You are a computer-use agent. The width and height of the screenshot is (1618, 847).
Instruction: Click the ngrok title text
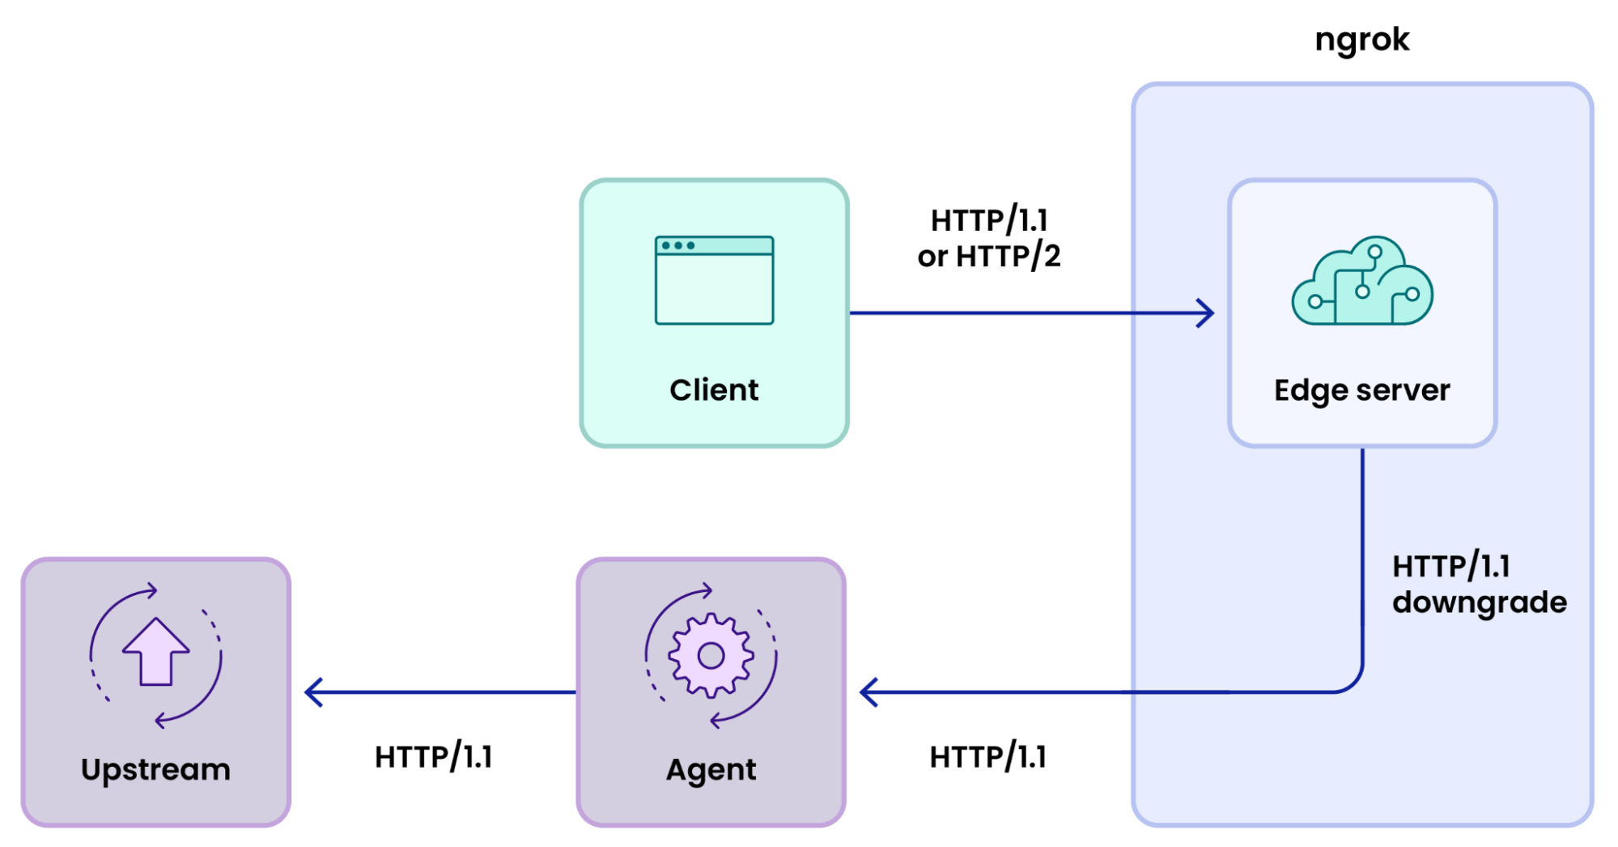[x=1361, y=40]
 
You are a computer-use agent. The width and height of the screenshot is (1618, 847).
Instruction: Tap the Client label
[x=714, y=390]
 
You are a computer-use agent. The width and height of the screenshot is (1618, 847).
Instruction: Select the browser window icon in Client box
[x=714, y=280]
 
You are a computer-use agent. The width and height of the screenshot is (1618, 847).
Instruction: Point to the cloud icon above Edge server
[x=1362, y=282]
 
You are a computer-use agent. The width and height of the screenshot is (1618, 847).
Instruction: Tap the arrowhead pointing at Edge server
[x=1206, y=313]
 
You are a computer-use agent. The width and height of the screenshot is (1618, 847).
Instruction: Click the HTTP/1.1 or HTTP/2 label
[x=988, y=238]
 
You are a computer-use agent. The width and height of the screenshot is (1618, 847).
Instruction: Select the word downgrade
[x=1479, y=602]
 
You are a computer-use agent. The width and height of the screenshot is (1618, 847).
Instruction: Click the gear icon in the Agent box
[x=711, y=655]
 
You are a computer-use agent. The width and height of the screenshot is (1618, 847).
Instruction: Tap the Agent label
[x=711, y=770]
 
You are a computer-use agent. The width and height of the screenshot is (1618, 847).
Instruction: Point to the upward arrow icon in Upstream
[x=155, y=653]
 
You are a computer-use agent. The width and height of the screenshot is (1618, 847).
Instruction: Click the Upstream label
[x=155, y=769]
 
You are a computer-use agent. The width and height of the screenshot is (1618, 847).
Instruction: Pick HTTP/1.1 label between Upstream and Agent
[x=433, y=757]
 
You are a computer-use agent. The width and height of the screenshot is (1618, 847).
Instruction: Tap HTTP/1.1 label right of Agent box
[x=987, y=757]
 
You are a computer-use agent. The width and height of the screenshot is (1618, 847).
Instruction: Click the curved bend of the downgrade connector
[x=1353, y=683]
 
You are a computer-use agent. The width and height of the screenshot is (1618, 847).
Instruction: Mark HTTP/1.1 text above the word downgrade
[x=1450, y=566]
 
